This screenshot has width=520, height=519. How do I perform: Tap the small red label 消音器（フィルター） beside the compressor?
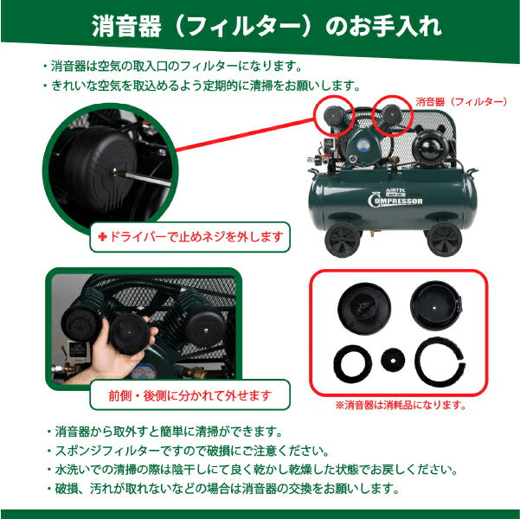click(461, 101)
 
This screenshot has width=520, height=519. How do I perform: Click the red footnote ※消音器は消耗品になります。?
click(401, 405)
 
